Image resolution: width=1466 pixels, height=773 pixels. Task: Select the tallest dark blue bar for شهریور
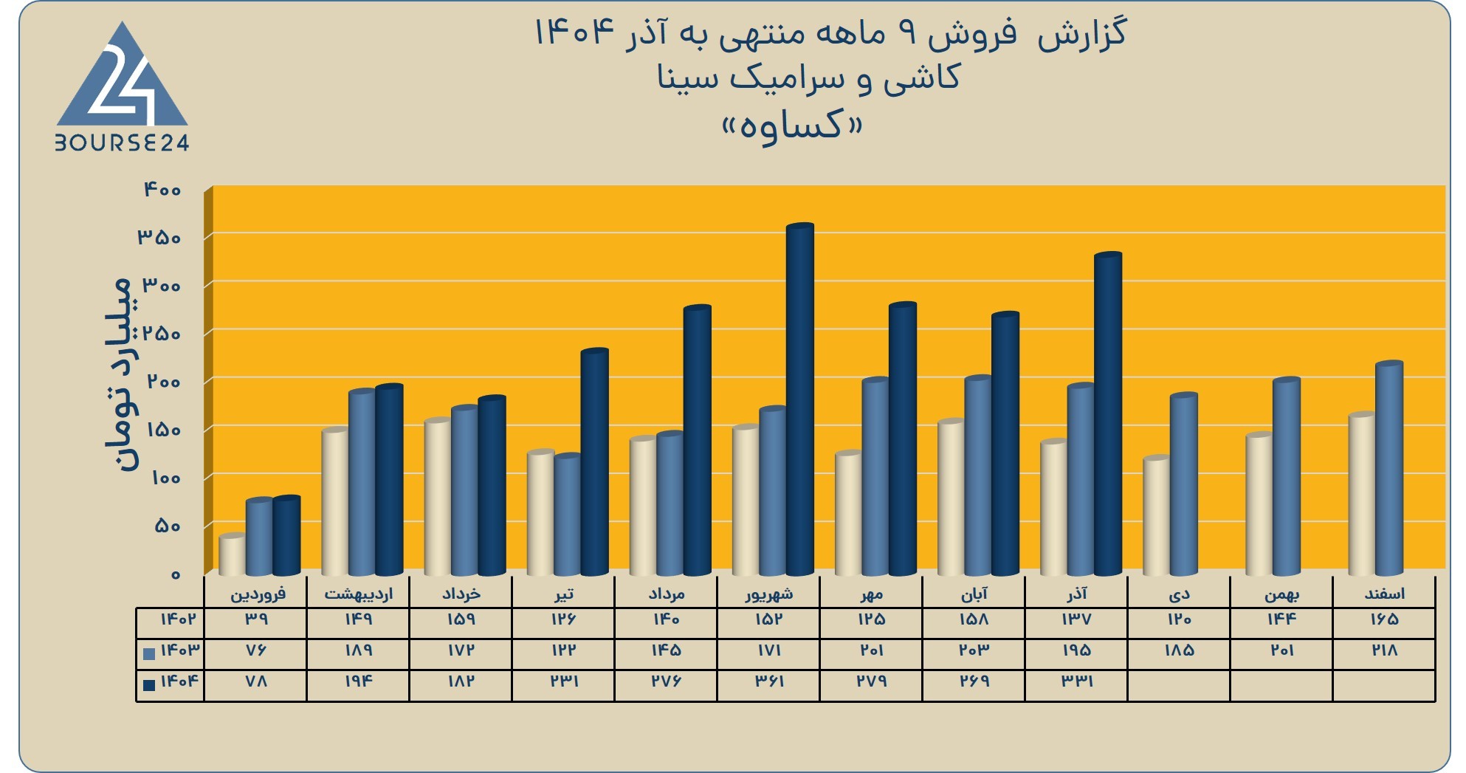pos(800,399)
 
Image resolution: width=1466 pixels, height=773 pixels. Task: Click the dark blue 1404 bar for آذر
pos(1108,414)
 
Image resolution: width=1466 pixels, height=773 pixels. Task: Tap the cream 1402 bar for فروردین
pos(233,554)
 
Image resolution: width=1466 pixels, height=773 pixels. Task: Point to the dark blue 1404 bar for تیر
pos(595,462)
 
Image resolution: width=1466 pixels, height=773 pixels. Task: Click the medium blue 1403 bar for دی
pos(1184,484)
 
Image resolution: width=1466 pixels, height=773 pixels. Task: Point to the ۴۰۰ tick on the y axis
pos(162,190)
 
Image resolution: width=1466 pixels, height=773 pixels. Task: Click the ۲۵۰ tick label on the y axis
pos(162,334)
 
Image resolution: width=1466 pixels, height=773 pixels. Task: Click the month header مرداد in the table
pos(667,594)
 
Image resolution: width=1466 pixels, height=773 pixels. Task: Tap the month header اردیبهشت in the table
pos(359,594)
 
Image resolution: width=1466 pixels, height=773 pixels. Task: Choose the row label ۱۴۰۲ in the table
pos(178,619)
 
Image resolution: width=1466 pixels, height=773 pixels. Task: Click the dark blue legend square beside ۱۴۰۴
pos(149,684)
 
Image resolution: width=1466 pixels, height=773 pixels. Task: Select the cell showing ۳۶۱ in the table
pos(768,681)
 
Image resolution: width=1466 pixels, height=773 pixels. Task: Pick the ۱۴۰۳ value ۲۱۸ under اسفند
pos(1384,650)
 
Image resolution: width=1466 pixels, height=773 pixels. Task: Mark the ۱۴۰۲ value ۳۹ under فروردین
pos(256,619)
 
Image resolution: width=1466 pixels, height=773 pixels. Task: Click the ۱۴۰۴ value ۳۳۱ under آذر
pos(1076,681)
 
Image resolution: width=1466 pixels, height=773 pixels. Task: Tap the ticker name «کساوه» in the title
pos(791,125)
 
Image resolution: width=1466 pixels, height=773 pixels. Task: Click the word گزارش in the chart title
pos(1082,34)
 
